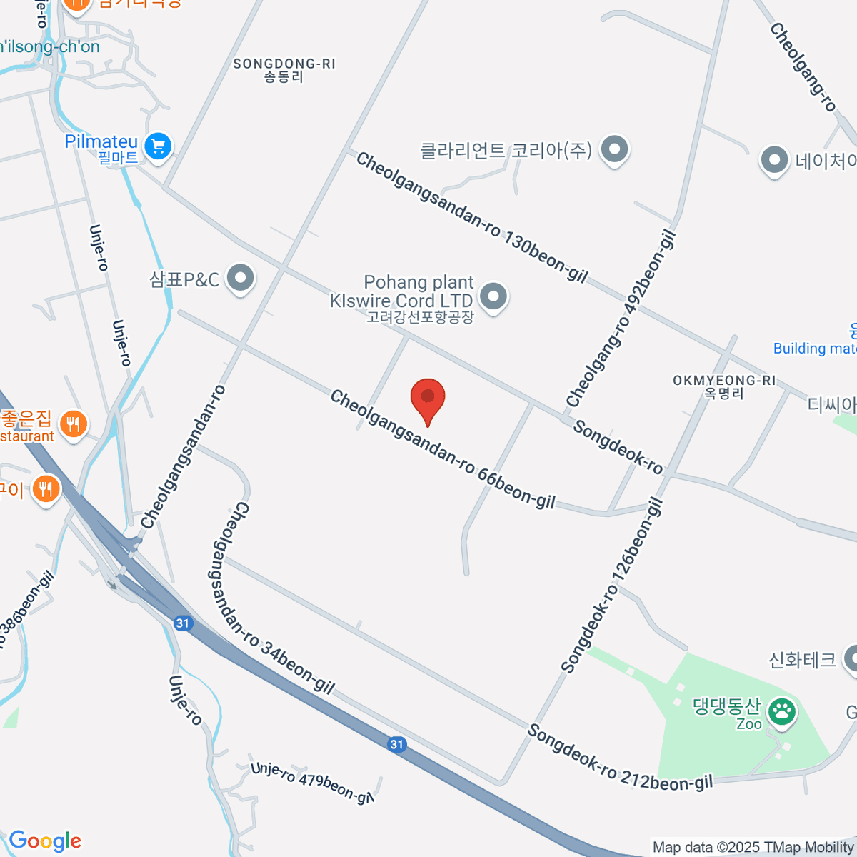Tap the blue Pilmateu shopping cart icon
158,147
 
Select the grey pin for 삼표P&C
240,278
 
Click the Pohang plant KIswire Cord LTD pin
493,296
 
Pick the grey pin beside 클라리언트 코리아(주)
614,150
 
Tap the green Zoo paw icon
783,711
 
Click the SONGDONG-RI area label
284,70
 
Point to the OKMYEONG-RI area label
724,386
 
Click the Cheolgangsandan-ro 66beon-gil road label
442,450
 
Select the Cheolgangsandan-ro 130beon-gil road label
472,217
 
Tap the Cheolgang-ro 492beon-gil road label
621,319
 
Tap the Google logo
45,841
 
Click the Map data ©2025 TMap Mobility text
753,848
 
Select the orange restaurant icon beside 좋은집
72,424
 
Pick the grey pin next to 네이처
774,160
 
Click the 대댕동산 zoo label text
726,706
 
